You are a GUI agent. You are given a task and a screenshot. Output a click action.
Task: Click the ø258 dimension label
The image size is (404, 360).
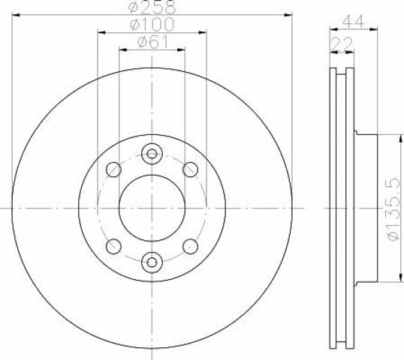click(x=152, y=7)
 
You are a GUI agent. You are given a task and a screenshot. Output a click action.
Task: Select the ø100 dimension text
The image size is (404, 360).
click(x=152, y=24)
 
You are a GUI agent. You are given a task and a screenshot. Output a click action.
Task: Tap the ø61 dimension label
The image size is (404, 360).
click(x=152, y=41)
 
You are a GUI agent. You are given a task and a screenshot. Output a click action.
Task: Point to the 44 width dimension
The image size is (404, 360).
click(x=353, y=21)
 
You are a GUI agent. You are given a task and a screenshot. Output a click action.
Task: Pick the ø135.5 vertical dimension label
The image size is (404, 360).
click(x=394, y=208)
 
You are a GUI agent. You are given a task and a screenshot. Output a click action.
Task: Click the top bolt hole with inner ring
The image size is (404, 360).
click(x=152, y=154)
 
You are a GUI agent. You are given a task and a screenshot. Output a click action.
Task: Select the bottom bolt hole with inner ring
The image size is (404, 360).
click(x=152, y=262)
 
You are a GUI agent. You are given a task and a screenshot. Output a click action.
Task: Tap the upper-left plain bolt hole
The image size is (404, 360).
click(x=113, y=169)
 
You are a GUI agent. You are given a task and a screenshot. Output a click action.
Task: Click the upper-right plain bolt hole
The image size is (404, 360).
click(x=191, y=169)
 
